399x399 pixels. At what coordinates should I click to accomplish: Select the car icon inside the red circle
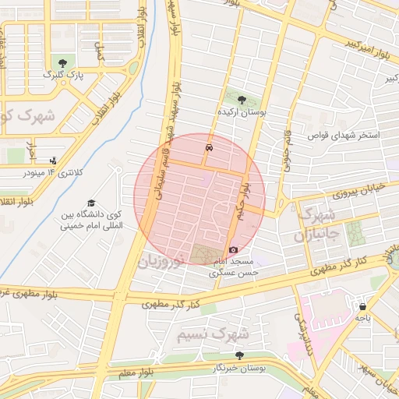pyautogui.click(x=209, y=147)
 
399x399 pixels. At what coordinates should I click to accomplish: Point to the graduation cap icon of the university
pyautogui.click(x=92, y=203)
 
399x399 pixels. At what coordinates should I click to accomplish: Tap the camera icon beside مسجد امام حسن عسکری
pyautogui.click(x=233, y=249)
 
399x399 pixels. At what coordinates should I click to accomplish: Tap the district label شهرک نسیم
pyautogui.click(x=211, y=334)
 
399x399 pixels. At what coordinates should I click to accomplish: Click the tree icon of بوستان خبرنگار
pyautogui.click(x=239, y=355)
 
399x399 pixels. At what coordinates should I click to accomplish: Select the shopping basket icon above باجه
pyautogui.click(x=362, y=305)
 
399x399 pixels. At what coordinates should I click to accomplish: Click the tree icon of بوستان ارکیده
pyautogui.click(x=241, y=100)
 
